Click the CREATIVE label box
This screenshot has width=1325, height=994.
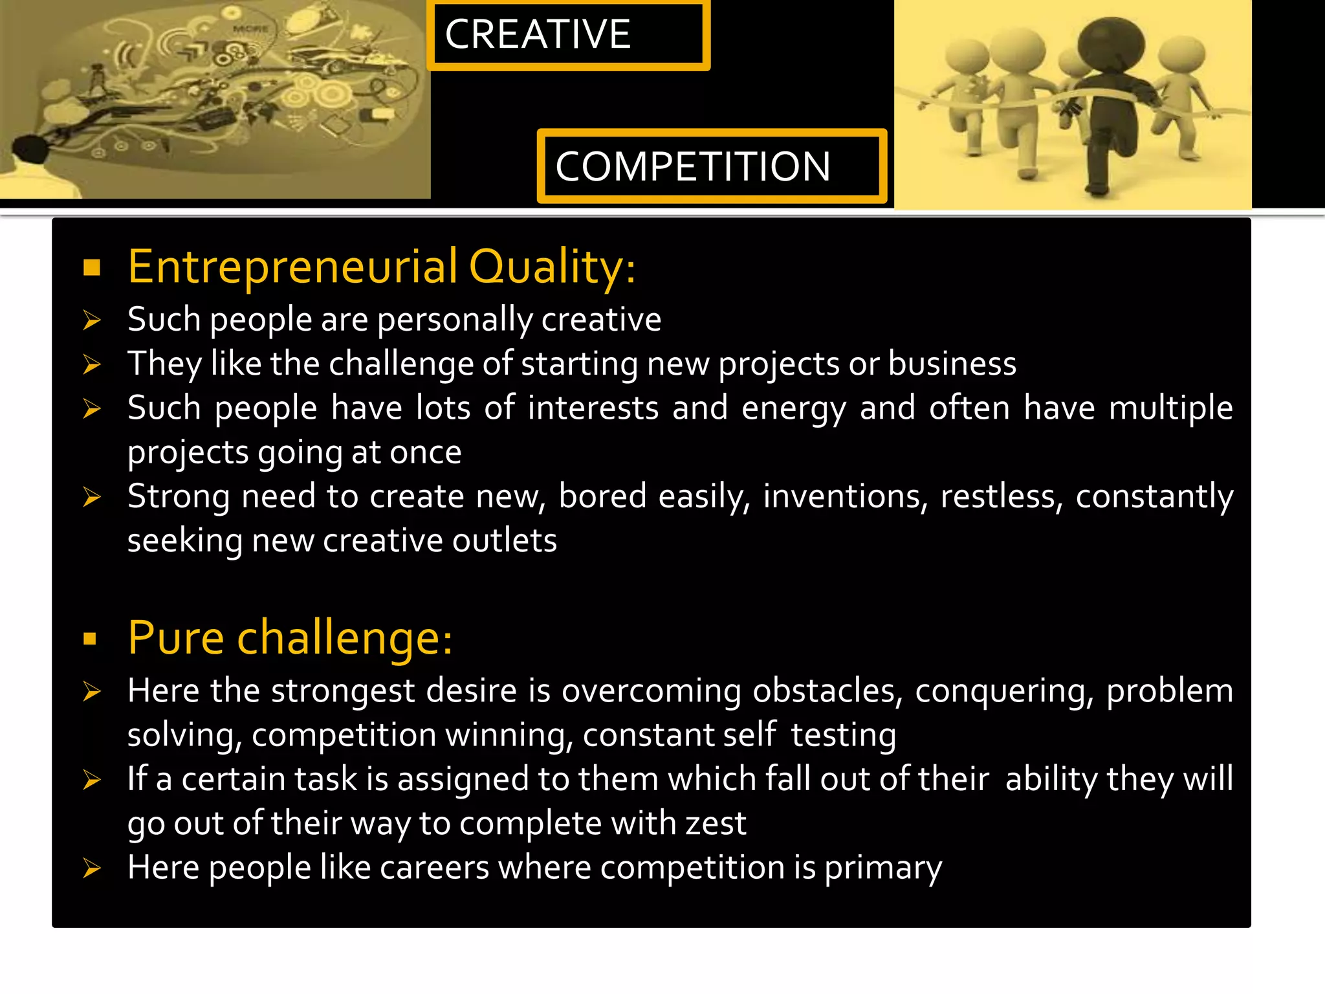pos(568,35)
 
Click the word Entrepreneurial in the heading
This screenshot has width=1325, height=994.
pos(293,267)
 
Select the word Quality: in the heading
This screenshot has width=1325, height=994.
pos(552,267)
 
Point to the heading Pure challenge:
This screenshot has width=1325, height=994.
pos(290,638)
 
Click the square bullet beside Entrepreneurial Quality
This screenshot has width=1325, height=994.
pos(92,267)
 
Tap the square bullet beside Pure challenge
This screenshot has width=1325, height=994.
pos(91,639)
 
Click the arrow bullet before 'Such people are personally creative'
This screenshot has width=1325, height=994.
pos(92,320)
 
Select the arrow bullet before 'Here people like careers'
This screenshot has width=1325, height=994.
pos(92,868)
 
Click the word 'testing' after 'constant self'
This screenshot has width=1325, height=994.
pos(843,736)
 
